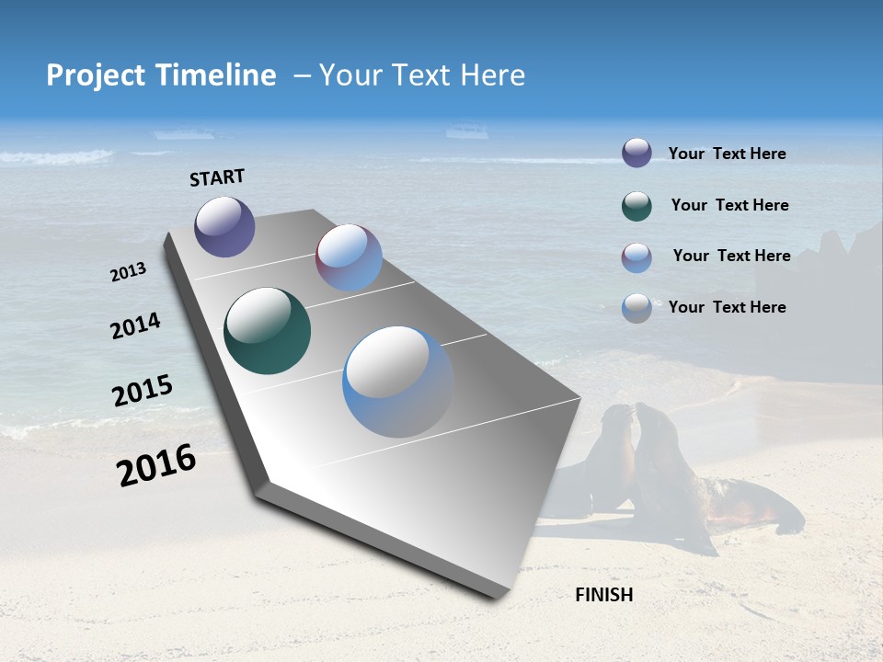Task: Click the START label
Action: coord(217,177)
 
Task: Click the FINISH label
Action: coord(603,595)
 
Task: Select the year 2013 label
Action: coord(128,272)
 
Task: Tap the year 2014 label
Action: coord(136,326)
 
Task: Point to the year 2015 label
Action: coord(143,391)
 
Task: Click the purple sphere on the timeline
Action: coord(224,226)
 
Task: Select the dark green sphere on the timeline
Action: coord(267,331)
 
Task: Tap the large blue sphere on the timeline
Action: coord(398,382)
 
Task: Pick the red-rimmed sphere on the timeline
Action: coord(349,257)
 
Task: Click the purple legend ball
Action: coord(636,153)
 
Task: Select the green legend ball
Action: coord(636,206)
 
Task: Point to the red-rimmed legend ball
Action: coord(636,257)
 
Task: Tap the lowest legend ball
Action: coord(636,308)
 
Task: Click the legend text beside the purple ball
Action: coord(727,154)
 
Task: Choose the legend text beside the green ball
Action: coord(729,205)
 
